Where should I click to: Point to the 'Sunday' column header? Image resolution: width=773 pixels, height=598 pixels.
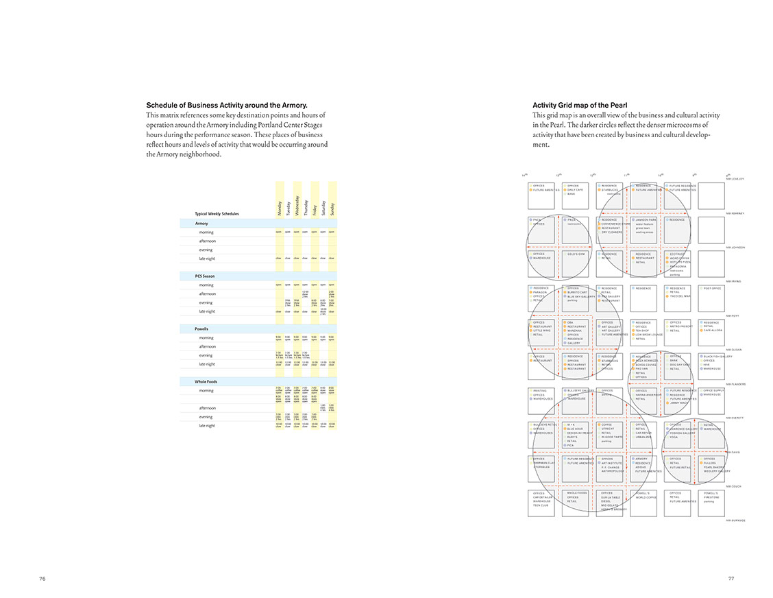(332, 208)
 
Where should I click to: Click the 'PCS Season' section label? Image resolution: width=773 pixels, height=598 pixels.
(205, 276)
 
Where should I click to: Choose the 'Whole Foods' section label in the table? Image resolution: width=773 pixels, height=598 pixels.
(206, 381)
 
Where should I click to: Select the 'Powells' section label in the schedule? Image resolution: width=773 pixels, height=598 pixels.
(201, 328)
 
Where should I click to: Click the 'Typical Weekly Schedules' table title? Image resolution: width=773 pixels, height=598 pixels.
(217, 214)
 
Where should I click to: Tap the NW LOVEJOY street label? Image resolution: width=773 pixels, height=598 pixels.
(734, 179)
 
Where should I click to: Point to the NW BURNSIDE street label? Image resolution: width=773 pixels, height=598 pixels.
(735, 521)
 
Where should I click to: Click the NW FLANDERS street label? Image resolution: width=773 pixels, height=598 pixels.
(735, 384)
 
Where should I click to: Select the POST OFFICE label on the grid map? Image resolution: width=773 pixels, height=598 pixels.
(713, 289)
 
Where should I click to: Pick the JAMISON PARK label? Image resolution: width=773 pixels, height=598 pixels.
(646, 220)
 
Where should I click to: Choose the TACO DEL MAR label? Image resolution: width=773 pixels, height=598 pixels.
(680, 296)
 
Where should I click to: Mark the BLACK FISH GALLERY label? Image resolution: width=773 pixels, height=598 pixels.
(717, 357)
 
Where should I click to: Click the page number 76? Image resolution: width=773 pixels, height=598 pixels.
(42, 578)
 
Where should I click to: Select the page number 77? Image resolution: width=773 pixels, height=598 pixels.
(731, 578)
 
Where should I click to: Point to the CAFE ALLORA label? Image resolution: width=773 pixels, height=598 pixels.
(713, 331)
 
